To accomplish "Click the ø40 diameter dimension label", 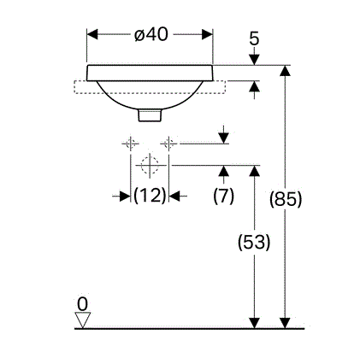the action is coord(151,35).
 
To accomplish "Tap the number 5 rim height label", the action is coord(254,38).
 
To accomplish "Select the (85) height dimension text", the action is coord(286,199).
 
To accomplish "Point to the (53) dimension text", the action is coord(254,242).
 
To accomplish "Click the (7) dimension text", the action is coord(224,196).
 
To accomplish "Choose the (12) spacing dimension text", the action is coord(150,196).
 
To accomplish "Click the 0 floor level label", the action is coord(82,304).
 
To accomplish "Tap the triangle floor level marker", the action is coord(83,320).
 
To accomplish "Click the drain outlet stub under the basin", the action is coord(150,115).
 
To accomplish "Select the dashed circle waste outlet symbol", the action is coord(150,165).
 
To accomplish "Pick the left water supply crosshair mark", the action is coord(131,144).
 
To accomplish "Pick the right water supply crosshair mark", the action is coord(168,144).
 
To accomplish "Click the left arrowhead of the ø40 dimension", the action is coord(92,34).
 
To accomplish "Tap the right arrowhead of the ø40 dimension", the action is coord(207,34).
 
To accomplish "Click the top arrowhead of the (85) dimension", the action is coord(285,71).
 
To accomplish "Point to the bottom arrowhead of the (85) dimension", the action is coord(285,323).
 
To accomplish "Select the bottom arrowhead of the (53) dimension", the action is coord(254,323).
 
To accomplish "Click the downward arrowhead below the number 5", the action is coord(254,60).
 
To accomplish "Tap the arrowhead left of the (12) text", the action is coord(125,196).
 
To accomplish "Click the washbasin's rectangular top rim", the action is coord(150,73).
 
